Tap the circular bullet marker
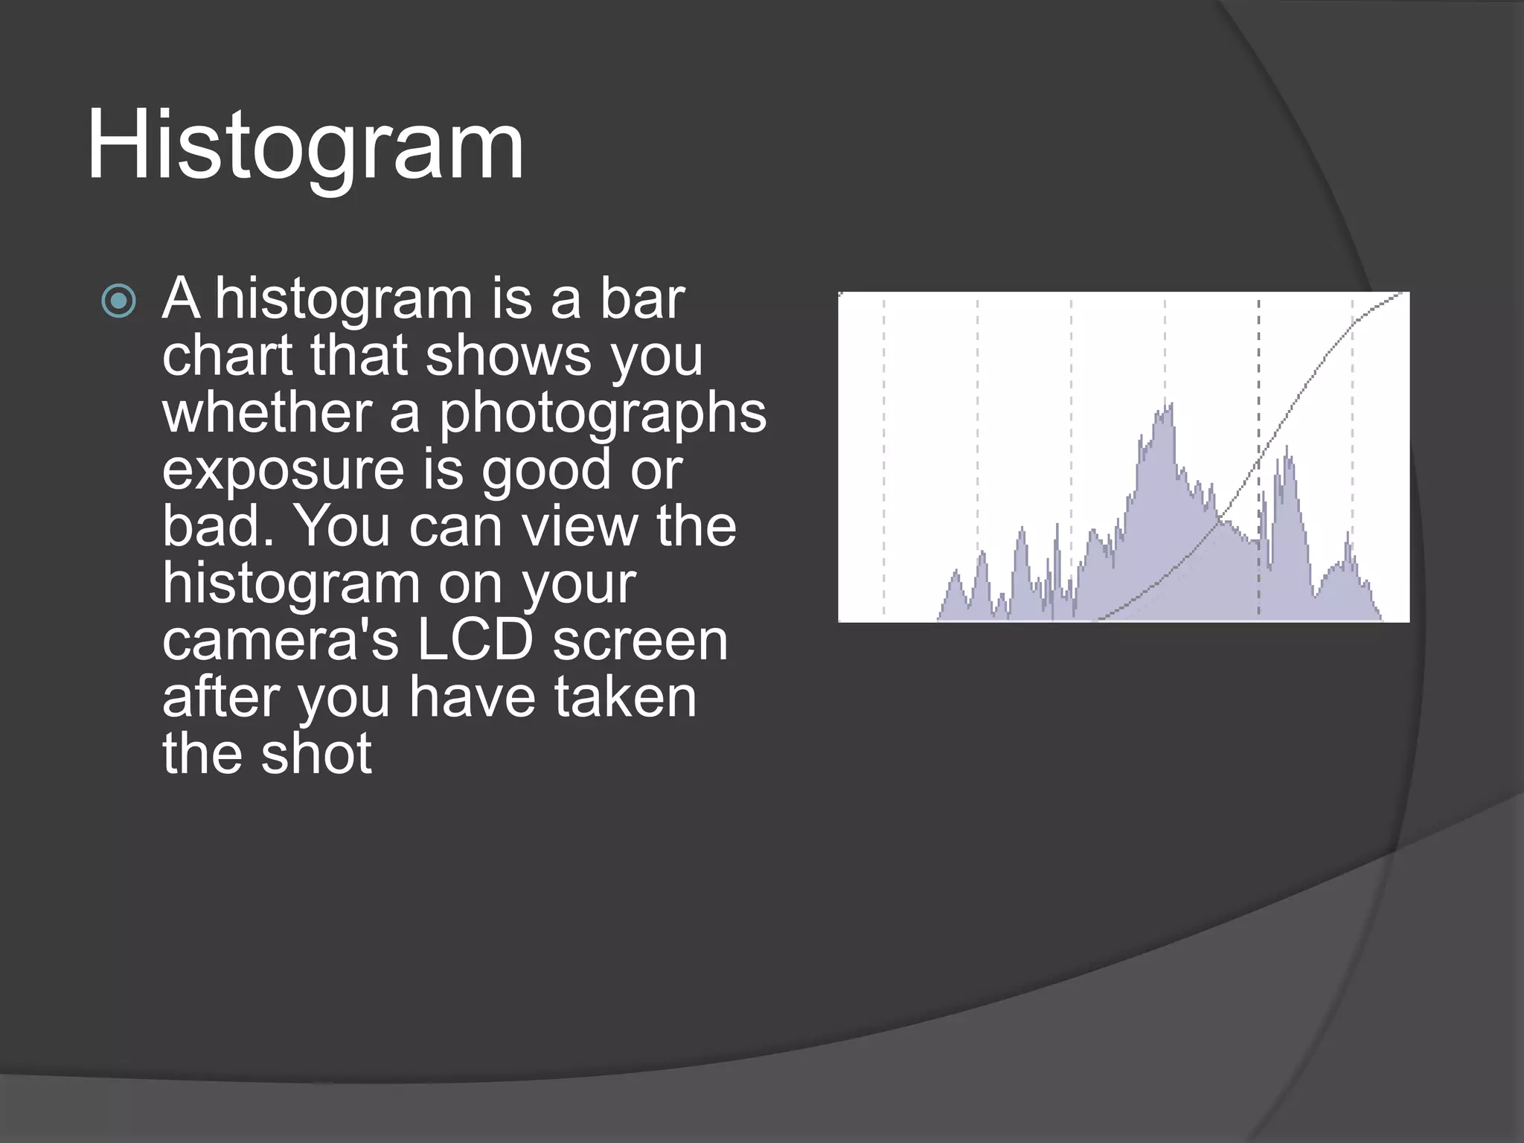119,301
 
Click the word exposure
283,470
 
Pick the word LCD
475,640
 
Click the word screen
640,640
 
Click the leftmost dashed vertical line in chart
884,446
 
